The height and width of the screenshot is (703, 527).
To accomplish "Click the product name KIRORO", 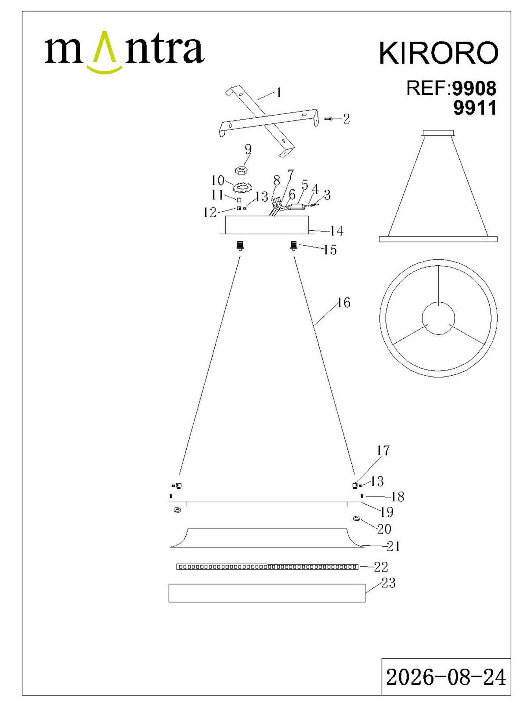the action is pos(438,53).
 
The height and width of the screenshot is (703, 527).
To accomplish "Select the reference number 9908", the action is pos(475,88).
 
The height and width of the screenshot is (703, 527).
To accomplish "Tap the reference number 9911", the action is pos(475,108).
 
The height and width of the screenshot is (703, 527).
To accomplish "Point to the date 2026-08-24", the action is pos(446,677).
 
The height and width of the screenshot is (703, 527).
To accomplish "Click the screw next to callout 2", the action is pos(329,119).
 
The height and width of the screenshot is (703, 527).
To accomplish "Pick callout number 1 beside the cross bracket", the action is pos(279,93).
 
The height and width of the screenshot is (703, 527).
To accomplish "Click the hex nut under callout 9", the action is pos(241,170).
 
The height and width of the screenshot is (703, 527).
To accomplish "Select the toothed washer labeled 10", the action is pos(243,188).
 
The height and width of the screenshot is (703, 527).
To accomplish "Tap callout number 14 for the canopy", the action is pos(337,231).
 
